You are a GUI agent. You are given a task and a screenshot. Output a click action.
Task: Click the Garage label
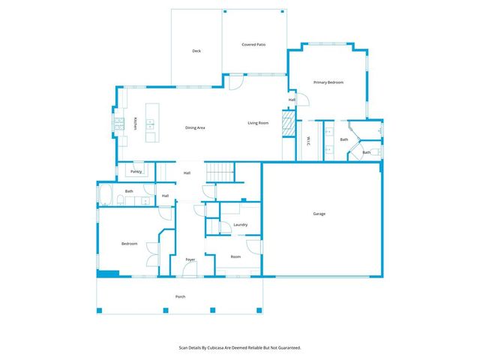click(x=319, y=214)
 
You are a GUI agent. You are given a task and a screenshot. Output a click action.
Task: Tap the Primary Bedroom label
click(x=328, y=82)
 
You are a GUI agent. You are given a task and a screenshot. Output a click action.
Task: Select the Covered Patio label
click(x=253, y=44)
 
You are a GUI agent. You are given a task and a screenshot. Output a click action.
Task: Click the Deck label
click(x=196, y=51)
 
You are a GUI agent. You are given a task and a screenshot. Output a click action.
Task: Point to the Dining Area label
click(x=195, y=127)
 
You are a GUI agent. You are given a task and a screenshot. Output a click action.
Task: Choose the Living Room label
click(x=258, y=123)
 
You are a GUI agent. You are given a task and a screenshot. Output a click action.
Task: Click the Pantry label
click(x=136, y=171)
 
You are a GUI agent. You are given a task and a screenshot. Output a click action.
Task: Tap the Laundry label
click(x=241, y=224)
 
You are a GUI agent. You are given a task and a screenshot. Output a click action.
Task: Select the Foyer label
click(x=190, y=259)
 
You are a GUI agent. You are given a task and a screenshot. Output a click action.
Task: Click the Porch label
click(x=180, y=296)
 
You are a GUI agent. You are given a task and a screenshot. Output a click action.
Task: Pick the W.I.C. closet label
click(x=309, y=139)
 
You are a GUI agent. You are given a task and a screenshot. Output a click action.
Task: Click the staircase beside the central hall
click(x=220, y=173)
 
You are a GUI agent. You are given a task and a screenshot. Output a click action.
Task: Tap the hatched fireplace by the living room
click(x=286, y=122)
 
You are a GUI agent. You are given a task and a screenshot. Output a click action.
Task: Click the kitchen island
click(x=152, y=123)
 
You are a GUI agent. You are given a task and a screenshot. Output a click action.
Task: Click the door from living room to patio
click(x=235, y=83)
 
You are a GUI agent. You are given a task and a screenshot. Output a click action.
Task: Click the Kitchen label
click(x=135, y=124)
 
